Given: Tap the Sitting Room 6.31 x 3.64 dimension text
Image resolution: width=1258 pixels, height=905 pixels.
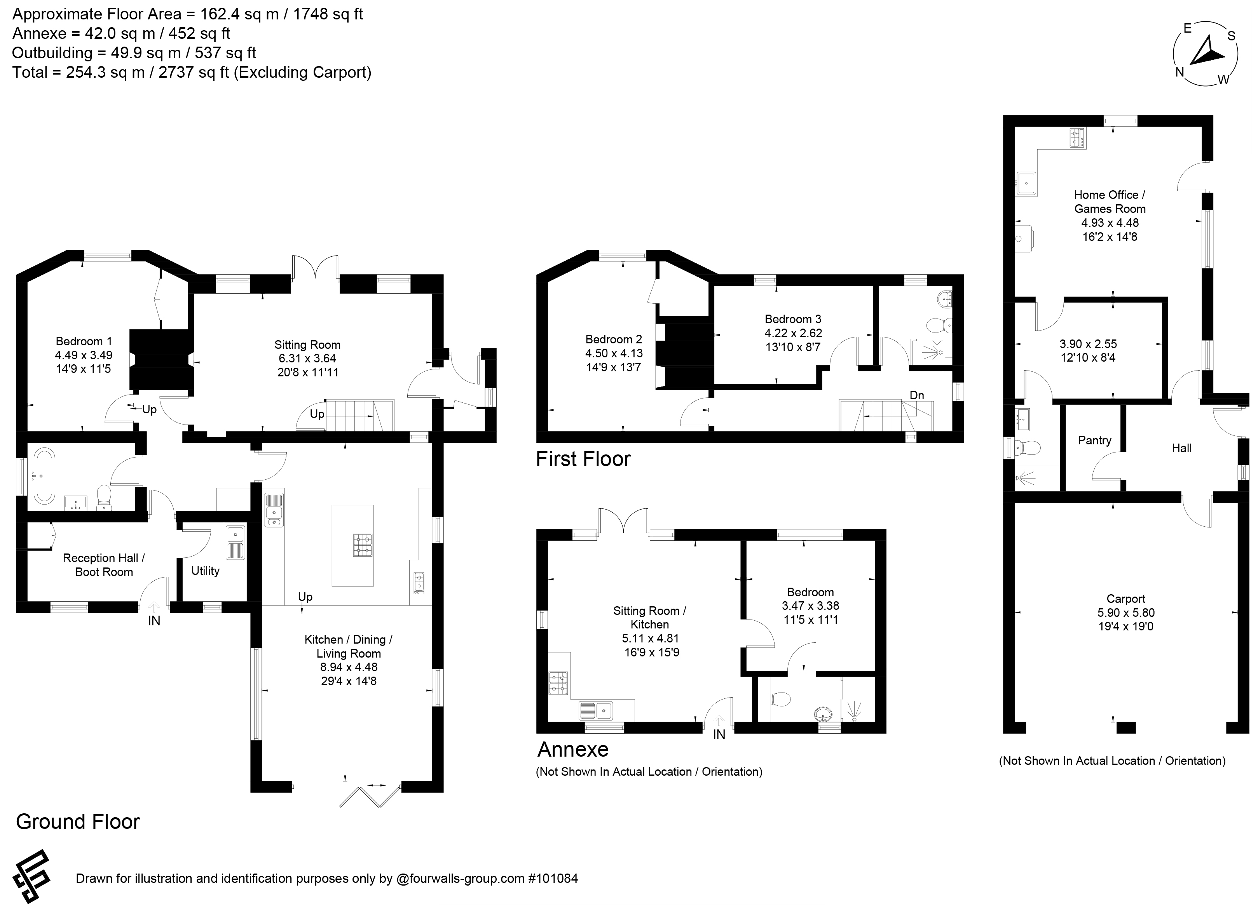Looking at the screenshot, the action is point(307,359).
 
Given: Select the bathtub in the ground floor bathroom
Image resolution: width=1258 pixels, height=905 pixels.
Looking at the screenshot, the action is point(43,476).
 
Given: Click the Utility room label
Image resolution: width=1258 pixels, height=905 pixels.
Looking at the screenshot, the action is point(205,571).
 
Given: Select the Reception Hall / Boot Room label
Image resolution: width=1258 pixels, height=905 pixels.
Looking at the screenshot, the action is point(104,565).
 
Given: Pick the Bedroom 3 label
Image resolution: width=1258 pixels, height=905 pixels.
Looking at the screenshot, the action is point(793,319).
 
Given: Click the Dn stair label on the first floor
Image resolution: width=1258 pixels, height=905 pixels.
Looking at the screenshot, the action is point(917,395).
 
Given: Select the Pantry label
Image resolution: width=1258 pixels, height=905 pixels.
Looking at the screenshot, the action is point(1094,440).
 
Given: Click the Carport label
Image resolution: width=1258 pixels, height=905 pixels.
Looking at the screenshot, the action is point(1125,599).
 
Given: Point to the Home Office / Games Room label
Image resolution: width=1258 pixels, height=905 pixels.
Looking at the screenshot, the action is point(1109,202).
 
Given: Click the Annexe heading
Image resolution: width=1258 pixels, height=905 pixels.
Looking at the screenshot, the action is point(573,749).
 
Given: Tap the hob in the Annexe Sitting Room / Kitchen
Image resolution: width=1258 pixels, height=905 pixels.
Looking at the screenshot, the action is point(558,683).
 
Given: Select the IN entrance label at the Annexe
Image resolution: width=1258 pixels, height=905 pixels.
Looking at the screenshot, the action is point(719,735).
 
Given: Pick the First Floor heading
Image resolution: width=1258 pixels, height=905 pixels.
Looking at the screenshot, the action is point(583,459).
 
